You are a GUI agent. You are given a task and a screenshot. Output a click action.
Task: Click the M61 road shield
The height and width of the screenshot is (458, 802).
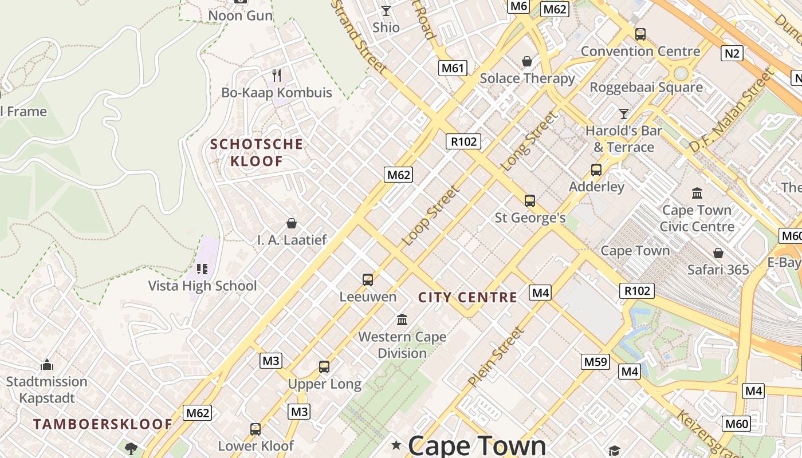[x=453, y=69]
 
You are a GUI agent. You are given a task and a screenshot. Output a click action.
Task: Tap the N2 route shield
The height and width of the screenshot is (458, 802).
[x=732, y=54]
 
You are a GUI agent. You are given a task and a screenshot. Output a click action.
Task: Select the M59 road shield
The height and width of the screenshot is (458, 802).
[x=595, y=362]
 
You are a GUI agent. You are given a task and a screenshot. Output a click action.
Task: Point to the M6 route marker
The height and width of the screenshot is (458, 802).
[x=518, y=6]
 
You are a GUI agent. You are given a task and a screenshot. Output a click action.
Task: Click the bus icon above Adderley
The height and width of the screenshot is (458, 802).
[x=596, y=170]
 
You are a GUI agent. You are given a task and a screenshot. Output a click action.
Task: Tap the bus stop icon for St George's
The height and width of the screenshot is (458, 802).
[x=530, y=201]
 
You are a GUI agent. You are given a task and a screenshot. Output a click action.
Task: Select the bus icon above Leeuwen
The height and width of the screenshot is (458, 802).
[x=368, y=280]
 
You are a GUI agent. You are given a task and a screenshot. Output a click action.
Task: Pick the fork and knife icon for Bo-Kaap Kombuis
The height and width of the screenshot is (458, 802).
[x=277, y=76]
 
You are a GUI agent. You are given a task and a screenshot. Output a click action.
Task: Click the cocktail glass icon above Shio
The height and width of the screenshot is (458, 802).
[x=386, y=11]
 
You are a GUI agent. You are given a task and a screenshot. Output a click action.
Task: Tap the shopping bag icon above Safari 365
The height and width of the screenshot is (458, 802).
[x=718, y=253]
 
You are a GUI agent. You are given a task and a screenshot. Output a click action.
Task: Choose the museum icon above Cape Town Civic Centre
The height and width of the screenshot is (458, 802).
[x=697, y=194]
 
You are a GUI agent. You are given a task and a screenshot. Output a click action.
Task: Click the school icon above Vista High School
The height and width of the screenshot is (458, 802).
[x=202, y=269]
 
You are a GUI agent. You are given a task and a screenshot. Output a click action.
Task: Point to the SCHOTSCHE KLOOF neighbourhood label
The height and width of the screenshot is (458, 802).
[x=256, y=152]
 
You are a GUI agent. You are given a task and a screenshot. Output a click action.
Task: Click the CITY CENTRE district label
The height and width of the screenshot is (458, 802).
[x=467, y=298]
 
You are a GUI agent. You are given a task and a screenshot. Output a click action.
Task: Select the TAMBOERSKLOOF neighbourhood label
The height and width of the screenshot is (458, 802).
[x=103, y=424]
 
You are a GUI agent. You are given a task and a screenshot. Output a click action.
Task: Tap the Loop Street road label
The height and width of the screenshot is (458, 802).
[x=431, y=216]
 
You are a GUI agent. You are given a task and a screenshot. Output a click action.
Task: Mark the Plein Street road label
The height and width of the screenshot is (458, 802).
[x=496, y=356]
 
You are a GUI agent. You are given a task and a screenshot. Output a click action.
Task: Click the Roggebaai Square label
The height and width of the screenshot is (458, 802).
[x=646, y=88]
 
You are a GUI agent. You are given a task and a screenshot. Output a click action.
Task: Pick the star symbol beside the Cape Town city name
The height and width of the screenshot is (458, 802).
[x=396, y=445]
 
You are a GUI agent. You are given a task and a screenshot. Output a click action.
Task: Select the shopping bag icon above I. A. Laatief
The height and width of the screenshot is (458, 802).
[x=292, y=223]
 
